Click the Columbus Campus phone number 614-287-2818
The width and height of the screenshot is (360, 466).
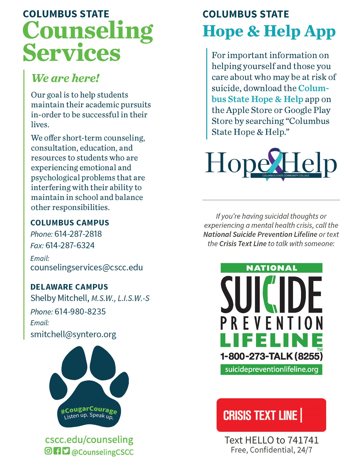pyautogui.click(x=78, y=234)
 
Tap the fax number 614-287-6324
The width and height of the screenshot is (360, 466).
pyautogui.click(x=70, y=246)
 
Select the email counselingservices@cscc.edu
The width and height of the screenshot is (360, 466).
pyautogui.click(x=87, y=267)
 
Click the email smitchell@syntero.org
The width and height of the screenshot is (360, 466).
pyautogui.click(x=73, y=334)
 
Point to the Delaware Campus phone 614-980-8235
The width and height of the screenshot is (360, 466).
pyautogui.click(x=80, y=312)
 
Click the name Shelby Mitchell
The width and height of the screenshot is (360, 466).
pyautogui.click(x=60, y=298)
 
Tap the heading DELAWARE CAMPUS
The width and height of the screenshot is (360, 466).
pyautogui.click(x=69, y=287)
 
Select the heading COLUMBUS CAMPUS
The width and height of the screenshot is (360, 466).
pyautogui.click(x=70, y=223)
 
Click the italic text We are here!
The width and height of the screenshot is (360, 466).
pyautogui.click(x=66, y=78)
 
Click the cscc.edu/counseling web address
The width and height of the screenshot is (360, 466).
pyautogui.click(x=89, y=440)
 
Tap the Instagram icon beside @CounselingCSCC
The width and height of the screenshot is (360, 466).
pyautogui.click(x=48, y=451)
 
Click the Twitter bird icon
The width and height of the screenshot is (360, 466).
pyautogui.click(x=66, y=451)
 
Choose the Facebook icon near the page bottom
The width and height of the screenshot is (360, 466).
pyautogui.click(x=57, y=451)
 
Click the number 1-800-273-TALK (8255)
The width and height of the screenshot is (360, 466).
pyautogui.click(x=271, y=356)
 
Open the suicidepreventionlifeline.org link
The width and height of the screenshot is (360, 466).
pyautogui.click(x=271, y=369)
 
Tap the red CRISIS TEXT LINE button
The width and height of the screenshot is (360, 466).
pyautogui.click(x=271, y=415)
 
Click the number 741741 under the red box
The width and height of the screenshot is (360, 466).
pyautogui.click(x=303, y=440)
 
